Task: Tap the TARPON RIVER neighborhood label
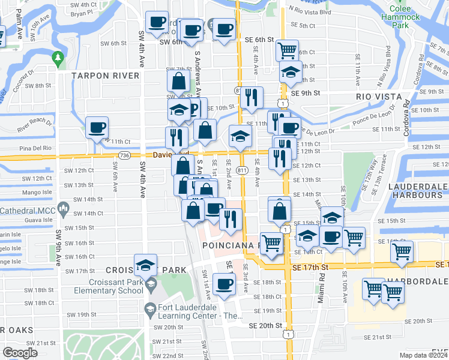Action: [x=106, y=76]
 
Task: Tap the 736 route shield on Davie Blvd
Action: [x=124, y=155]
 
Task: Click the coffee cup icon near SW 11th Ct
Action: [x=97, y=127]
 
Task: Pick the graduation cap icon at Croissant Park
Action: [x=145, y=265]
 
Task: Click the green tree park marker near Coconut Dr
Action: [x=58, y=59]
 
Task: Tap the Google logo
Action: [x=20, y=352]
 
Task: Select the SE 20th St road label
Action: [x=265, y=325]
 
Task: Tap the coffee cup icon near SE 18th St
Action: [x=224, y=283]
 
